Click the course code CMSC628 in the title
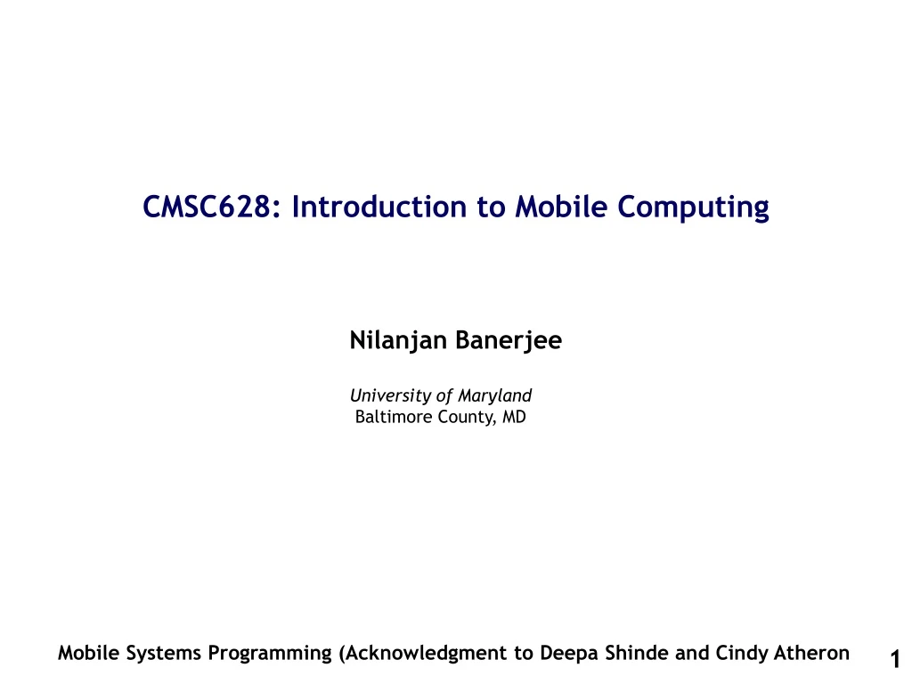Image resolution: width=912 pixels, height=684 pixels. (x=207, y=207)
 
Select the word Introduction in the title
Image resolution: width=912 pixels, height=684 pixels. (x=379, y=207)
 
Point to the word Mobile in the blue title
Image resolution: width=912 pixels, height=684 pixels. (x=561, y=207)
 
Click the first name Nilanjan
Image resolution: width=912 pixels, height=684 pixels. (x=398, y=341)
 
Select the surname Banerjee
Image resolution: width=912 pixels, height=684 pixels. (x=509, y=341)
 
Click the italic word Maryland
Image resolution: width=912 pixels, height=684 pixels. (x=494, y=396)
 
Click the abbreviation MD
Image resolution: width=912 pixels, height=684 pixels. (x=514, y=417)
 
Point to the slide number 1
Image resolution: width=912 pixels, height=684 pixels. (x=895, y=660)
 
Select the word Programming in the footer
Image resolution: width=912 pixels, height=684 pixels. (x=270, y=654)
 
